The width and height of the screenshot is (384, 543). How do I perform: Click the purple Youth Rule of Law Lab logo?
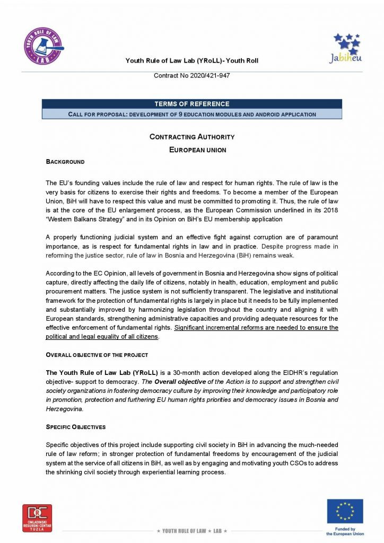click(x=43, y=46)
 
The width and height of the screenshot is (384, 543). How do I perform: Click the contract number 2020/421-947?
click(x=191, y=76)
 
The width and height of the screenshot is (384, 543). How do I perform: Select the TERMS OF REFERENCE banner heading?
click(x=191, y=104)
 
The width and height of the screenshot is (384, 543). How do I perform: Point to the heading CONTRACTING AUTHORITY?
click(x=191, y=137)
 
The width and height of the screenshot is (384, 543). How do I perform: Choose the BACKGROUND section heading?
click(x=65, y=162)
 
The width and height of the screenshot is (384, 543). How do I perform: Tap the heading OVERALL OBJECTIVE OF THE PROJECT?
click(x=97, y=355)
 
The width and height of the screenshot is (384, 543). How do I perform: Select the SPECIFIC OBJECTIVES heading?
click(x=76, y=426)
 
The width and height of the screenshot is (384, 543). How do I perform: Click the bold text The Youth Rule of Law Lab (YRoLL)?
click(x=97, y=373)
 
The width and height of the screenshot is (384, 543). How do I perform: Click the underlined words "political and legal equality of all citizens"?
click(x=102, y=337)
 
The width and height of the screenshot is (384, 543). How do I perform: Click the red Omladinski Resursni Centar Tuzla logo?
click(x=37, y=517)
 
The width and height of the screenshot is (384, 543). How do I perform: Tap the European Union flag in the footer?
click(x=345, y=511)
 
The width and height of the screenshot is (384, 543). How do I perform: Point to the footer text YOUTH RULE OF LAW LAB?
click(x=191, y=531)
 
